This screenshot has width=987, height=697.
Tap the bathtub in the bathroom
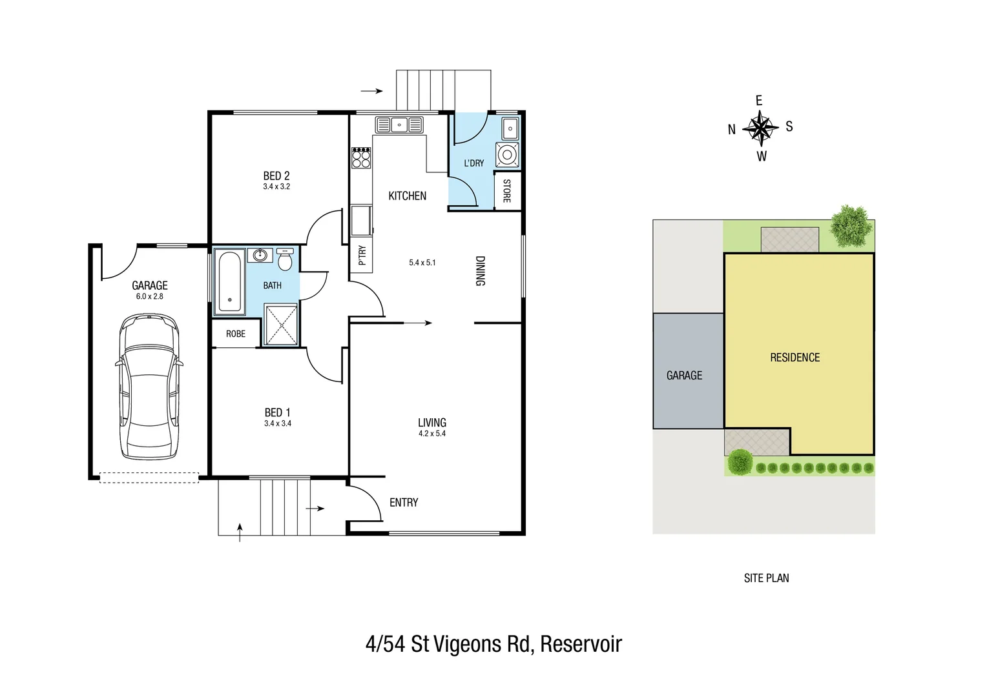(229, 282)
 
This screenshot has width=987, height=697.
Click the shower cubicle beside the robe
(282, 325)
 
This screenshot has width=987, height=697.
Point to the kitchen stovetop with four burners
(361, 158)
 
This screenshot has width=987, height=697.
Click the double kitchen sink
(399, 125)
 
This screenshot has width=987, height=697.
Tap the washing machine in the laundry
(507, 155)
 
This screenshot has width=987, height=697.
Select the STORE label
(507, 191)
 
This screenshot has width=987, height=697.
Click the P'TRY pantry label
(362, 255)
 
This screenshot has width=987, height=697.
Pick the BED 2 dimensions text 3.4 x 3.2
(276, 187)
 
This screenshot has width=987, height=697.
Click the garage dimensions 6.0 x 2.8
(149, 297)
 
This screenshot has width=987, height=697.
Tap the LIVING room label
(431, 423)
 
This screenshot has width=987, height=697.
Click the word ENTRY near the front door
(404, 503)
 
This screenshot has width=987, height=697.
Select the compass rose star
(761, 128)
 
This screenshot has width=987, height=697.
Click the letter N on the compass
(732, 130)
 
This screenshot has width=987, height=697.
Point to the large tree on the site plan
(849, 226)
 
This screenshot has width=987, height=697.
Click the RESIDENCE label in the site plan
(795, 358)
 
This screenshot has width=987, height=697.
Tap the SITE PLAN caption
(766, 578)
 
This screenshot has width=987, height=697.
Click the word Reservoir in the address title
(581, 644)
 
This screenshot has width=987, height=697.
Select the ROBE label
(235, 334)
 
